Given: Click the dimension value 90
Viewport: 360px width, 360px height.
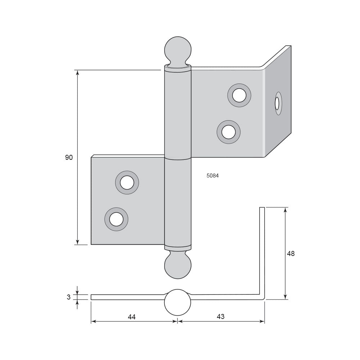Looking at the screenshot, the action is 69,158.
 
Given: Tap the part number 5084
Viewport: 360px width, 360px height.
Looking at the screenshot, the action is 213,176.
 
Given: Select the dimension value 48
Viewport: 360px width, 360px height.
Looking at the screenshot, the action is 291,253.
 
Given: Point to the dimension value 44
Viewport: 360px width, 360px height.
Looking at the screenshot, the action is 131,317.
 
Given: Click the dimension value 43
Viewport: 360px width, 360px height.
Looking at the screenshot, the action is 220,316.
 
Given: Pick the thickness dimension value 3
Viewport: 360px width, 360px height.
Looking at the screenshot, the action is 68,297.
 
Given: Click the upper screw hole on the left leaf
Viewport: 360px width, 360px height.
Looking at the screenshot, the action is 127,183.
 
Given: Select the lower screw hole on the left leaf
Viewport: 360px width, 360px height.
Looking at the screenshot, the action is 116,219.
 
